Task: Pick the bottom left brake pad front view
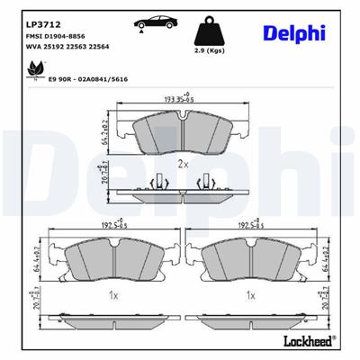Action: click(108, 260)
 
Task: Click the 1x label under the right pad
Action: click(251, 295)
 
